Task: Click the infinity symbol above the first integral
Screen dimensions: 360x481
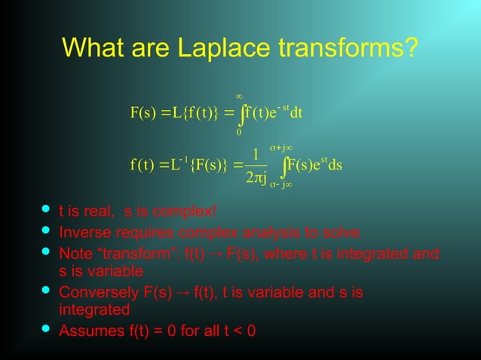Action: pyautogui.click(x=238, y=96)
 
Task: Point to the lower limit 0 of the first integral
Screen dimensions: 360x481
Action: pyautogui.click(x=238, y=133)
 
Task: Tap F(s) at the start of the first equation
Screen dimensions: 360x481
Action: pyautogui.click(x=142, y=114)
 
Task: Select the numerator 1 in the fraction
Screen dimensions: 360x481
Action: pyautogui.click(x=256, y=155)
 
